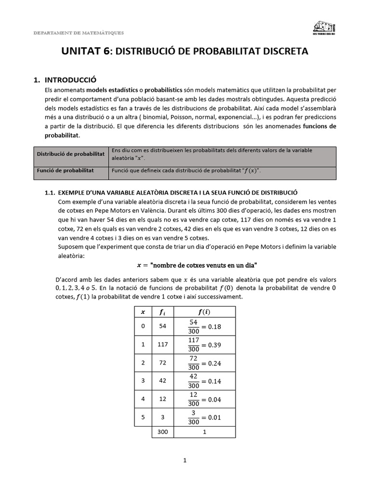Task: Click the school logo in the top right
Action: point(324,28)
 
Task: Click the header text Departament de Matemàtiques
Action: point(79,33)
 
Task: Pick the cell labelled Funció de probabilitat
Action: point(66,170)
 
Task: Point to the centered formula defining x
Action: point(197,265)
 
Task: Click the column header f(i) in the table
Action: point(205,311)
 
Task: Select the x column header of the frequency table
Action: point(143,311)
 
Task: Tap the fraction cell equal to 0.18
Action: point(205,327)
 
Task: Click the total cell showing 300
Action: point(162,432)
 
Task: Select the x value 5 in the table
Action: point(143,417)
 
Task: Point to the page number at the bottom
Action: point(185,460)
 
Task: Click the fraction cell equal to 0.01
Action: point(205,417)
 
